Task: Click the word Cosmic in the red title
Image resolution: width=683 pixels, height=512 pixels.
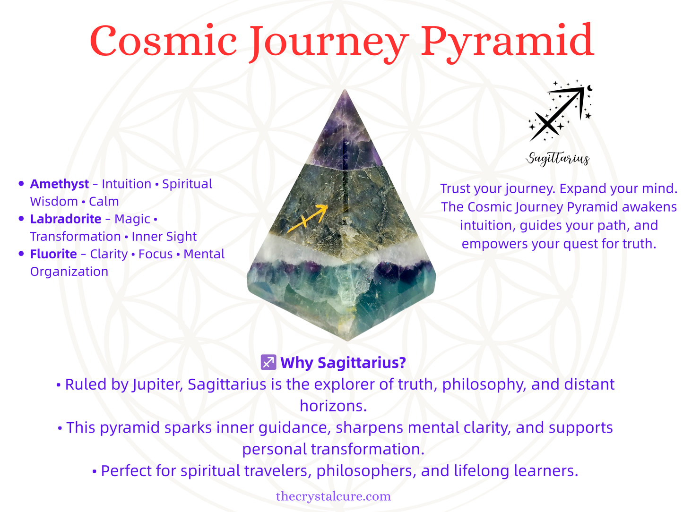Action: (x=164, y=41)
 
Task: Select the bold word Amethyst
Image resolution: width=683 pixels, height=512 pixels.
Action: (x=60, y=184)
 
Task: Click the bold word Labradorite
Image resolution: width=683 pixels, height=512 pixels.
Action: (x=66, y=219)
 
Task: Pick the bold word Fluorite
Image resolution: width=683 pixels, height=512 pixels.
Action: (x=53, y=254)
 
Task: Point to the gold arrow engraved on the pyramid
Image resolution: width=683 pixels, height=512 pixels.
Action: (x=307, y=218)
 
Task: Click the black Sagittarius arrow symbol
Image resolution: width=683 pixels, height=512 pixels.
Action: (x=557, y=113)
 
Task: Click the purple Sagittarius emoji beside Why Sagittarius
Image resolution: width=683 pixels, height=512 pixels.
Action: (x=268, y=362)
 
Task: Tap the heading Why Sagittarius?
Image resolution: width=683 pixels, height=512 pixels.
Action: (x=343, y=362)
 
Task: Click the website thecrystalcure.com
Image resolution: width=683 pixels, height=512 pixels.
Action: (x=333, y=496)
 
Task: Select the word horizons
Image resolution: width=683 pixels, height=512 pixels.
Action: (x=333, y=406)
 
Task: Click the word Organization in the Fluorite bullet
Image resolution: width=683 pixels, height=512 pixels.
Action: (x=69, y=272)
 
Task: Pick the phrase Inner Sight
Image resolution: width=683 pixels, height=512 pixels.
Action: (x=164, y=237)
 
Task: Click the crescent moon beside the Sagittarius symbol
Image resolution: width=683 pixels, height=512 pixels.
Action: (x=590, y=89)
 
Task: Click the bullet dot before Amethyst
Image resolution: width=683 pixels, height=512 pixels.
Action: (x=21, y=184)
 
